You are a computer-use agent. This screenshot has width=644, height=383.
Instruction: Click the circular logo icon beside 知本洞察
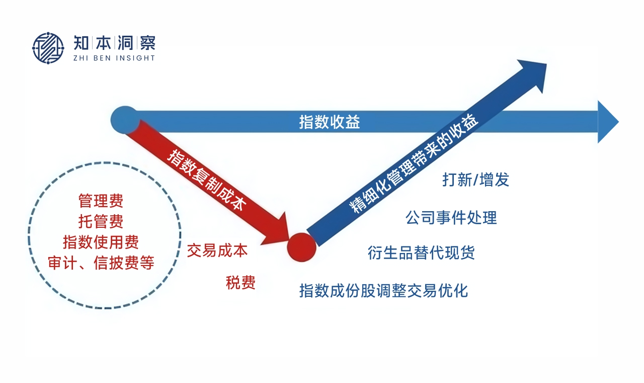pos(48,48)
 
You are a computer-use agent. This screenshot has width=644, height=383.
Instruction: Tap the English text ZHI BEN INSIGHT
pos(114,58)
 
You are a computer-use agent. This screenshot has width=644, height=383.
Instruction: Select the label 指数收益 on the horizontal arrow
pos(330,122)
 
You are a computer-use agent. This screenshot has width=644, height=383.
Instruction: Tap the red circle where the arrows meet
pos(301,247)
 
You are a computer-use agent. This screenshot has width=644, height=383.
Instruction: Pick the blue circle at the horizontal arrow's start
pos(125,120)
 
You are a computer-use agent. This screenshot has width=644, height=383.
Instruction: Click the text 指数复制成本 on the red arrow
pos(207,180)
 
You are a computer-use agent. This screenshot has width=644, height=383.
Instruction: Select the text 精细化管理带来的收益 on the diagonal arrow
pos(414,163)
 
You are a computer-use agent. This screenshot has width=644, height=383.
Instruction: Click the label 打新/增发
pos(475,180)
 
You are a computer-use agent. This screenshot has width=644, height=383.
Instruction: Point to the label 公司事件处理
pos(451,217)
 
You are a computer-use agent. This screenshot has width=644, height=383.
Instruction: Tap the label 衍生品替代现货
pos(421,252)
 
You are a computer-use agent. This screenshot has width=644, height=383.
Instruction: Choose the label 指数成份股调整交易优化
pos(383,290)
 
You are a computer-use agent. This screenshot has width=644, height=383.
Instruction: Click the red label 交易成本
pos(217,250)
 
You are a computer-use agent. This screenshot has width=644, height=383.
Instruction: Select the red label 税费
pos(240,283)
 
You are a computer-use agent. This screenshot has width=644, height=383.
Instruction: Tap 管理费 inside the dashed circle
pos(101,201)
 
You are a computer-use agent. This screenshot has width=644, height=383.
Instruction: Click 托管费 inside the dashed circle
pos(101,221)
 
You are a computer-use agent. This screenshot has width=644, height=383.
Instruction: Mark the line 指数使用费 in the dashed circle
pos(101,242)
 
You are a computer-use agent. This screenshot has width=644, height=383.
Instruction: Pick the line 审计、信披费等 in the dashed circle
pos(101,263)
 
